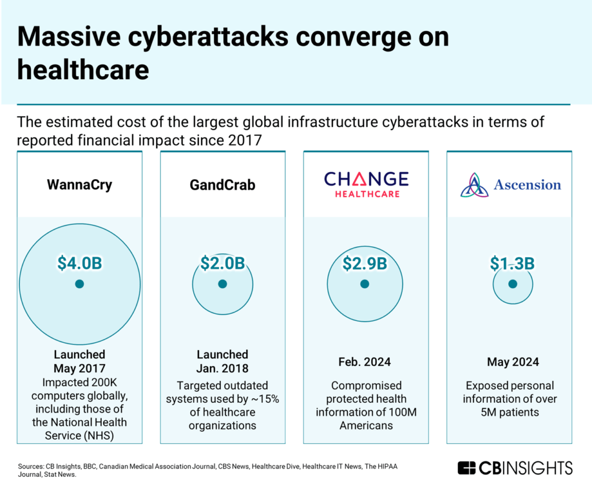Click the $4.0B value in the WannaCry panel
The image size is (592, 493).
(80, 263)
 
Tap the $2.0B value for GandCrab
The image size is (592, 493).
(223, 263)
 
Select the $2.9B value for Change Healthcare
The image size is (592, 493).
(364, 263)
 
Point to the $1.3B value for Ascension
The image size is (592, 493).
(512, 263)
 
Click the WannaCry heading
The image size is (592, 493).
(80, 186)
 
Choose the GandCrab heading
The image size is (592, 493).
(223, 186)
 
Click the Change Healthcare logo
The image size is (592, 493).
(366, 184)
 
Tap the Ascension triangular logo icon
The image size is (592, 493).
(475, 185)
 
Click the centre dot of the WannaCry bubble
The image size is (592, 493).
(80, 284)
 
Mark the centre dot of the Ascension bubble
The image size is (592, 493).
(512, 284)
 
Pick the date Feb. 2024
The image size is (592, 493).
(365, 362)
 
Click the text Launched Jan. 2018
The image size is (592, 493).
(223, 362)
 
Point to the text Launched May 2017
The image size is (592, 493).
(80, 362)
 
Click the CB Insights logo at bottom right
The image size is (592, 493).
(515, 468)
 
